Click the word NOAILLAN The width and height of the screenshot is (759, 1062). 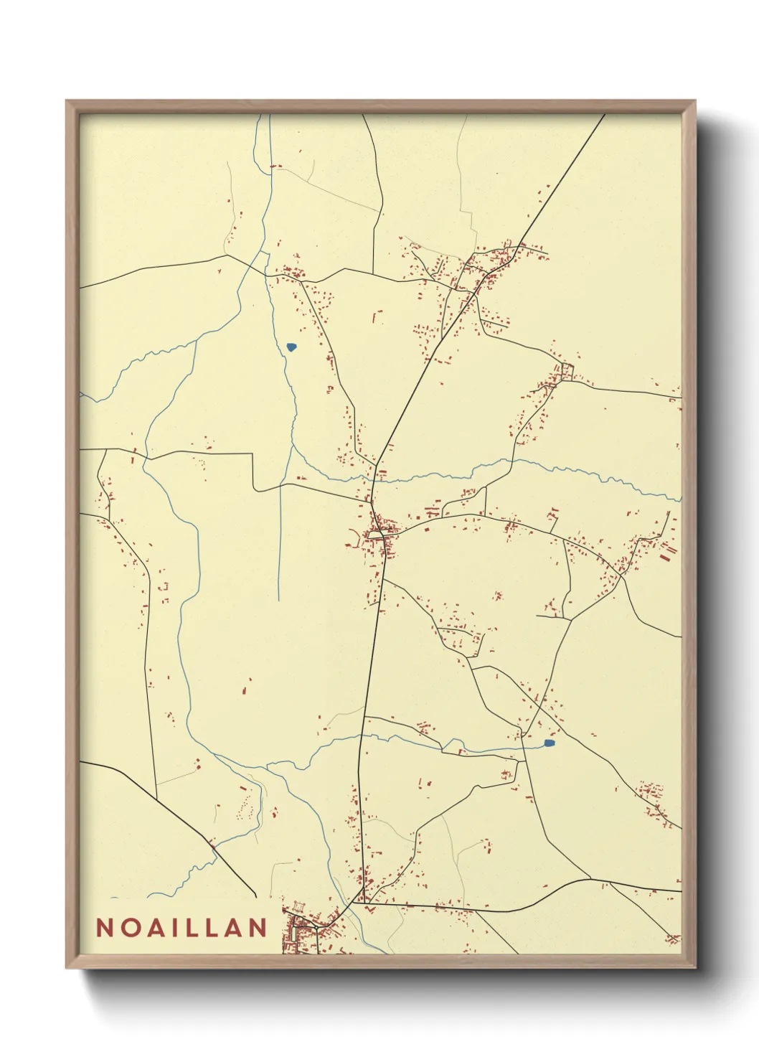click(x=181, y=928)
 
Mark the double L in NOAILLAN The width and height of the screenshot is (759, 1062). click(x=206, y=928)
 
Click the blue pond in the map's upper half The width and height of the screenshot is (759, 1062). click(x=291, y=347)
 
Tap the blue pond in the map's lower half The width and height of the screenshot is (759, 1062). click(x=550, y=743)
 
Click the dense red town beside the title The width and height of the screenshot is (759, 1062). click(x=305, y=933)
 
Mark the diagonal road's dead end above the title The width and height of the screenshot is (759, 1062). click(x=255, y=896)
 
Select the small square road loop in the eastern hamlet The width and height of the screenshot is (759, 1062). click(x=567, y=371)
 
